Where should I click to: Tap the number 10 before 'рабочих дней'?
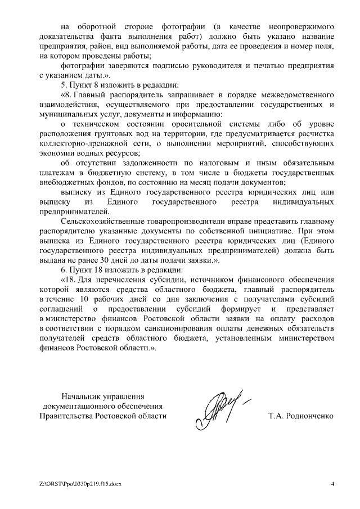click(85, 299)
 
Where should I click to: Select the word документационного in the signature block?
click(102, 406)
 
